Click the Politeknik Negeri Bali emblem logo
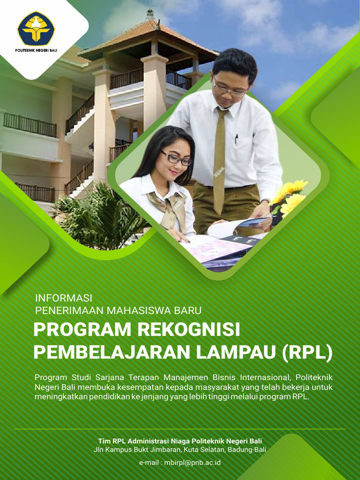click(x=36, y=29)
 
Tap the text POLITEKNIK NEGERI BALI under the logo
click(x=36, y=50)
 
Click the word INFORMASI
click(x=64, y=298)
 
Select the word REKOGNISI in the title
click(x=188, y=330)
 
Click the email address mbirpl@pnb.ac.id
click(x=192, y=462)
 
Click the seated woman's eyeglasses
click(x=177, y=158)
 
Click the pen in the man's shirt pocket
click(x=236, y=139)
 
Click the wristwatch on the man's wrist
click(x=265, y=202)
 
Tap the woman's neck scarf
click(x=169, y=206)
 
